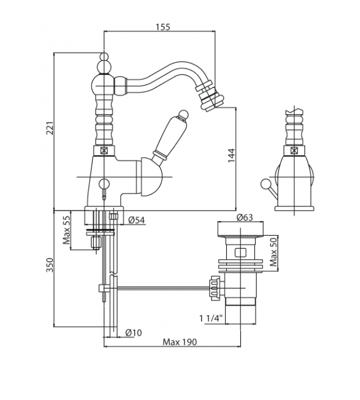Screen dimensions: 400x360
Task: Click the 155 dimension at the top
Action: [x=159, y=28]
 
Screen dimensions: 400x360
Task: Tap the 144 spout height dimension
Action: [x=232, y=155]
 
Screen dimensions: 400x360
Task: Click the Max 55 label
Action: [x=67, y=229]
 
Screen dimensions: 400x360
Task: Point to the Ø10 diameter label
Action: [x=134, y=333]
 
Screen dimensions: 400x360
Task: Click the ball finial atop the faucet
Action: [x=103, y=59]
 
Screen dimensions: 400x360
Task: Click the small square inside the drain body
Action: [x=240, y=253]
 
